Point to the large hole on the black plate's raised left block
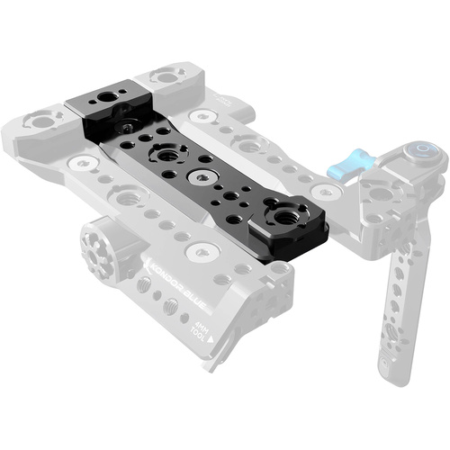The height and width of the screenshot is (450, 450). [112, 94]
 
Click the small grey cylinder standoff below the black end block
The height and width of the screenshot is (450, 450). [280, 267]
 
